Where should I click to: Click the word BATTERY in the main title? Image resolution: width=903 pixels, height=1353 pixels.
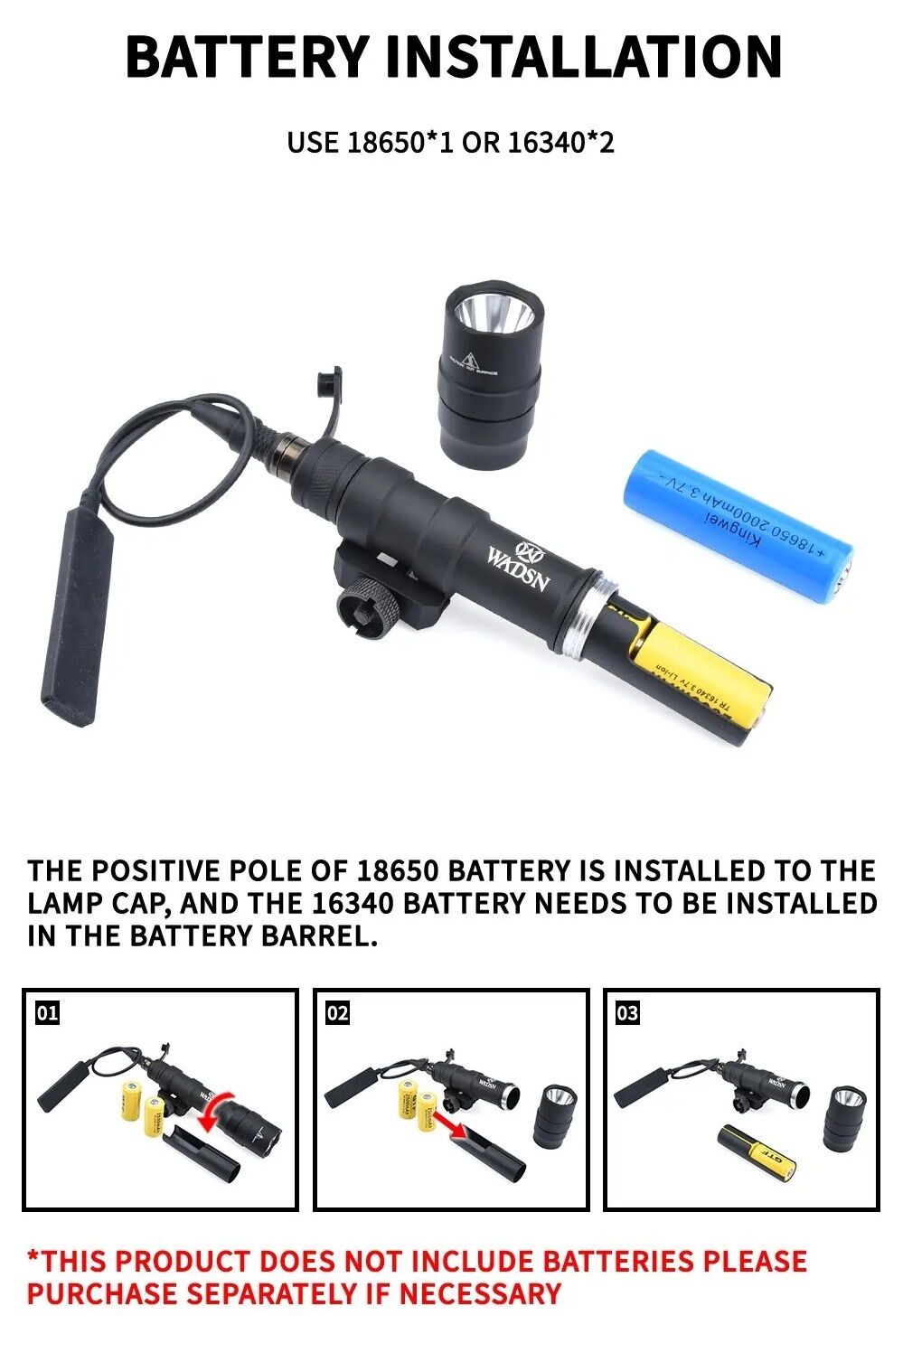coord(247,56)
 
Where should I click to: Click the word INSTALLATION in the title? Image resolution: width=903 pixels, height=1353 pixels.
coord(583,56)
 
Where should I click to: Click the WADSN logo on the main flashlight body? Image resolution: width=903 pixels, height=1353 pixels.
coord(519,568)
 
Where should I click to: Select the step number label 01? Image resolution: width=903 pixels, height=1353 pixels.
coord(47,1013)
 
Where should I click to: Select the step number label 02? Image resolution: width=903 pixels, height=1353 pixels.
coord(337,1013)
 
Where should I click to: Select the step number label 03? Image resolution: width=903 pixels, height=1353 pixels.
coord(627,1013)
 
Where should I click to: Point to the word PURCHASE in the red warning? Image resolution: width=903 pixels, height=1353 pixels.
coord(101,1293)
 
